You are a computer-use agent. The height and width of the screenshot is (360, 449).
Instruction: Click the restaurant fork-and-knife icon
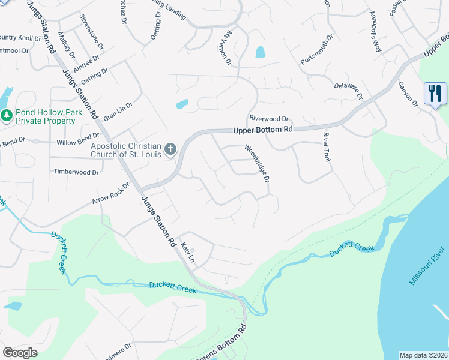[x=435, y=94]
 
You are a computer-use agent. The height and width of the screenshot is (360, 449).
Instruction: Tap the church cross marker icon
[x=170, y=149]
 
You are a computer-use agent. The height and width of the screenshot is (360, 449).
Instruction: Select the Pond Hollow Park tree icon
[x=7, y=115]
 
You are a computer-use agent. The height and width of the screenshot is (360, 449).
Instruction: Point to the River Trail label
[x=327, y=146]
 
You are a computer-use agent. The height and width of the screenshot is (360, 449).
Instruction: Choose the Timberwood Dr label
[x=76, y=172]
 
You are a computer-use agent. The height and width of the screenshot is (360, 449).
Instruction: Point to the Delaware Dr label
[x=349, y=88]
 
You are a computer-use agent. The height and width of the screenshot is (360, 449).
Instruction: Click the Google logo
[x=20, y=353]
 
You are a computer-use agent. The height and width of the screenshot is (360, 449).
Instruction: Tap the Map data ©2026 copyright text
[x=423, y=355]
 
